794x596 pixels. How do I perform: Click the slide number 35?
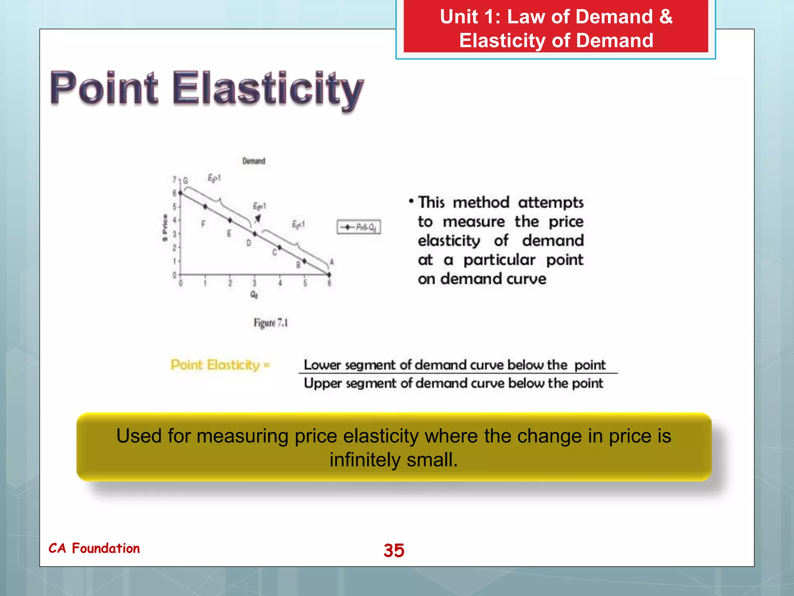coord(394,550)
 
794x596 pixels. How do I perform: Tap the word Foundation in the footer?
coord(106,548)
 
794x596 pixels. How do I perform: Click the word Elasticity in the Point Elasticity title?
coord(268,89)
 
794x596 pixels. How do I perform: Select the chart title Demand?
coord(254,161)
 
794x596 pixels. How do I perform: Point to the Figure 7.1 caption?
coord(271,323)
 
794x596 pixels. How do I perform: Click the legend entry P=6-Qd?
coord(359,227)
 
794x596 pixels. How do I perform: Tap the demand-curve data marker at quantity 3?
coord(255,234)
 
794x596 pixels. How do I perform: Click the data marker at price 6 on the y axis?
coord(180,193)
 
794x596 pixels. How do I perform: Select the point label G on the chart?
coord(186,180)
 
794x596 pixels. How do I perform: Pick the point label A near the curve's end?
coord(331,262)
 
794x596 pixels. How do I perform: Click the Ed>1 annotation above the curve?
coord(214,178)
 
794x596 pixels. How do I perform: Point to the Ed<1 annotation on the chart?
coord(298,224)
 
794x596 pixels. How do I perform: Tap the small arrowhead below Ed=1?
coord(257,219)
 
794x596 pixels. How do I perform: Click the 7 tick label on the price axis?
coord(174,180)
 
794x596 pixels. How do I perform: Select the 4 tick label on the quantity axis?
coord(280,283)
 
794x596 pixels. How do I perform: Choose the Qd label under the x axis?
coord(254,295)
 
